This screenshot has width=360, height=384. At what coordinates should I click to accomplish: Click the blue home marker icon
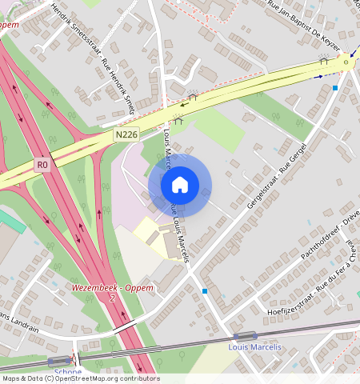[180, 185]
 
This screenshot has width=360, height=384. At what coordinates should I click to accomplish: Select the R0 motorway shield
[42, 166]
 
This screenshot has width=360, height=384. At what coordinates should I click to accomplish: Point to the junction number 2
[113, 298]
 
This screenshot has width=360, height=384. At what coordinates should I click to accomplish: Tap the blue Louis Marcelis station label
[254, 347]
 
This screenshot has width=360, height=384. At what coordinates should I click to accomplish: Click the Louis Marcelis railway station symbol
[245, 336]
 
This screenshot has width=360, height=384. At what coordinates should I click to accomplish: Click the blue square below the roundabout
[335, 87]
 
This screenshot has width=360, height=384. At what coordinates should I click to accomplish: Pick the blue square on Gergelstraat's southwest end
[205, 290]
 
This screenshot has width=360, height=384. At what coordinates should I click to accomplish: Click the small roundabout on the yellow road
[346, 62]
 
